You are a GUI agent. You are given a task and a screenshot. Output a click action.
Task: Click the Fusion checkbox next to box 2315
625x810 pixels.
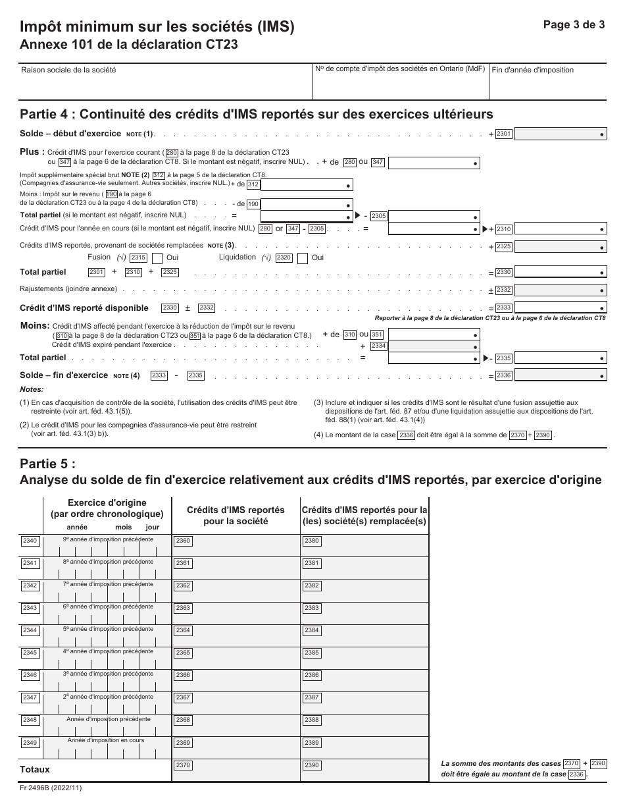[158, 258]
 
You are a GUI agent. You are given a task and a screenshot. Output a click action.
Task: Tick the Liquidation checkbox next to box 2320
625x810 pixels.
[303, 258]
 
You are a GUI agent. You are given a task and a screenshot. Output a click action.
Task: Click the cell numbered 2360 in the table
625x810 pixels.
[235, 546]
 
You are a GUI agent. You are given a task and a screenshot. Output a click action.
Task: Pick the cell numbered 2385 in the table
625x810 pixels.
[364, 658]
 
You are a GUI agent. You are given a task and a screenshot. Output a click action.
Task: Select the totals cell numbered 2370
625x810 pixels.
[235, 770]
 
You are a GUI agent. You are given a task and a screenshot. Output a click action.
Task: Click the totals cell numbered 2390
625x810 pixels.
[364, 770]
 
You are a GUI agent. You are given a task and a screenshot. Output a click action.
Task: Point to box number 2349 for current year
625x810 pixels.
[30, 743]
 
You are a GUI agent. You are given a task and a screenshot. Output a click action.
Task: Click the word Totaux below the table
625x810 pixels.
[35, 769]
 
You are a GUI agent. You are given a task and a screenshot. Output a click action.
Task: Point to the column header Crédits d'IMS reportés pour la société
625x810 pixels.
[236, 515]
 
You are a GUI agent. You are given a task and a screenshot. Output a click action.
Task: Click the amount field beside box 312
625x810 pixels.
[307, 184]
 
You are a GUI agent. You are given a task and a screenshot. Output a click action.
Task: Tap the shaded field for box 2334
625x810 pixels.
[434, 345]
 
